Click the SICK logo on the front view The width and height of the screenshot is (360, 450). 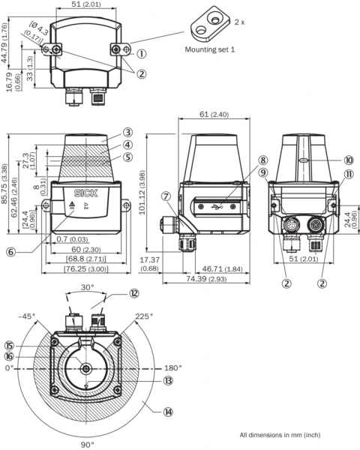pyautogui.click(x=85, y=193)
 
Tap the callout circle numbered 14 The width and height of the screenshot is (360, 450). pyautogui.click(x=168, y=412)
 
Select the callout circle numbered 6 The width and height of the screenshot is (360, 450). pyautogui.click(x=11, y=252)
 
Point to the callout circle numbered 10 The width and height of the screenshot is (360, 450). pyautogui.click(x=349, y=160)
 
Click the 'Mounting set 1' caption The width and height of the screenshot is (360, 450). pyautogui.click(x=209, y=49)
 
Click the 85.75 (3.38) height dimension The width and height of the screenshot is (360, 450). pyautogui.click(x=5, y=184)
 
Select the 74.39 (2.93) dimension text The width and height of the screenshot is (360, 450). pyautogui.click(x=206, y=279)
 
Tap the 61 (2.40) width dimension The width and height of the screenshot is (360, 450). pyautogui.click(x=214, y=114)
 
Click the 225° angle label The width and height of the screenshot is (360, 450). pyautogui.click(x=144, y=316)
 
